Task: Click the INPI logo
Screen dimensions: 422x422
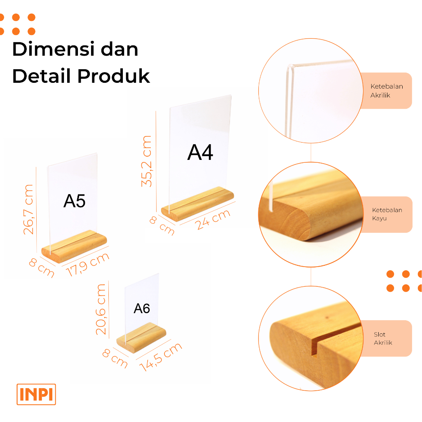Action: [x=36, y=394]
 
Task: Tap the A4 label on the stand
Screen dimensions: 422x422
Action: [x=200, y=152]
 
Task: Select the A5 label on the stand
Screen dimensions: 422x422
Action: [x=74, y=201]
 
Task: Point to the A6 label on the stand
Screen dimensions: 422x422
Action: [x=142, y=308]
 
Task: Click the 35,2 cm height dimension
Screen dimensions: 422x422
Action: [x=147, y=161]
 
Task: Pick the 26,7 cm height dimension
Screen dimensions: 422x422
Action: [x=28, y=209]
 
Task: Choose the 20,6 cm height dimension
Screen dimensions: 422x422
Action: [x=101, y=309]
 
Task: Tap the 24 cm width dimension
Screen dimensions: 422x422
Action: [x=213, y=219]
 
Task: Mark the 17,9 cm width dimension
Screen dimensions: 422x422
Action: [x=88, y=265]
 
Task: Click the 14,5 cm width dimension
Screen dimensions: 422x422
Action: [x=161, y=357]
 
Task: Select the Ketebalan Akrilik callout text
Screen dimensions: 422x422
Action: [x=387, y=91]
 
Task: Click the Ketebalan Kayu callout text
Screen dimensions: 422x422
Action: [x=387, y=214]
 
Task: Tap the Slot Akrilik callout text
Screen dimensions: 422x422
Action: [x=383, y=338]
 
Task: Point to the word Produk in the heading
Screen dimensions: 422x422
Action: [x=114, y=76]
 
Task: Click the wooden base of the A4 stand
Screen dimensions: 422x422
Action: [x=197, y=204]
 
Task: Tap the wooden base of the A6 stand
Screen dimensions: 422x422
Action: [x=141, y=338]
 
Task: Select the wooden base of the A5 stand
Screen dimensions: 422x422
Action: [x=74, y=246]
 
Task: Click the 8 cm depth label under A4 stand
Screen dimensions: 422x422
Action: [x=162, y=225]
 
